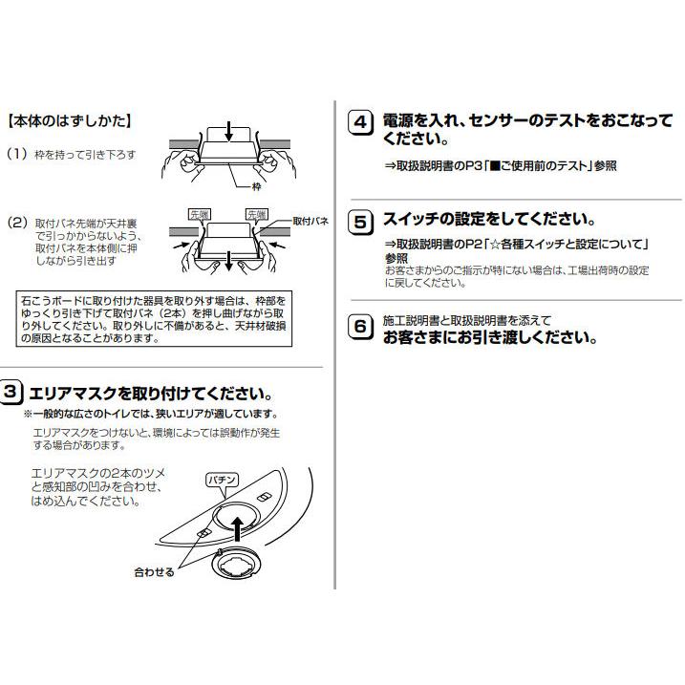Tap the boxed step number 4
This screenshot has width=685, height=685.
(360, 124)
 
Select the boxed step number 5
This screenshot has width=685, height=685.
(360, 223)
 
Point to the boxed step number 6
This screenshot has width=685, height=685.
(360, 328)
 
